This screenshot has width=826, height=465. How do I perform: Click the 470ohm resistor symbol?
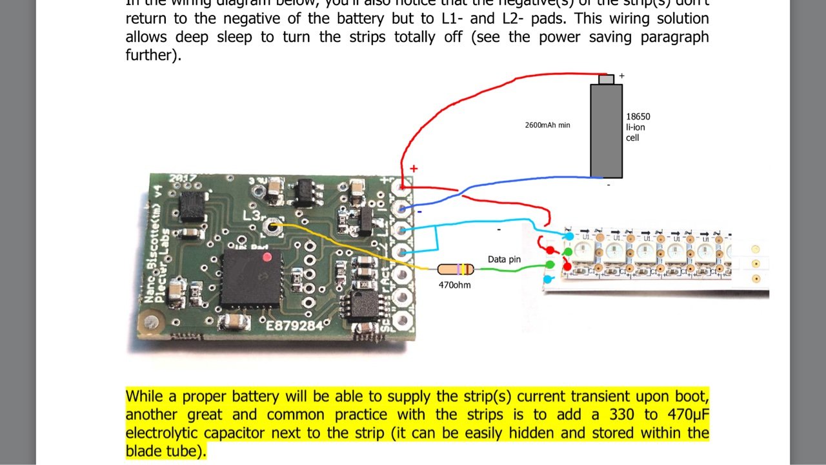[x=456, y=269]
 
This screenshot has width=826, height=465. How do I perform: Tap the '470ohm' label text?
[x=454, y=284]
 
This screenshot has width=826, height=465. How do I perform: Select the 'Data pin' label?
[x=504, y=259]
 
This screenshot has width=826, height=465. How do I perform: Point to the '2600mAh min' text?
[x=547, y=125]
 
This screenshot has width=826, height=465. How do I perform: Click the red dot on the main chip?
[x=267, y=258]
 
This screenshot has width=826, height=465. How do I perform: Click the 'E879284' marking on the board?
[x=295, y=326]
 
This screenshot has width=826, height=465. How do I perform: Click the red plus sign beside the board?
[x=414, y=169]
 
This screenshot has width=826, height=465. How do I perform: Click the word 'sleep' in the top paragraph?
[x=236, y=37]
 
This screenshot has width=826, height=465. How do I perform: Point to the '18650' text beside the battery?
[x=638, y=117]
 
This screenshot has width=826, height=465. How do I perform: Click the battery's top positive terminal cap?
[x=607, y=79]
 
